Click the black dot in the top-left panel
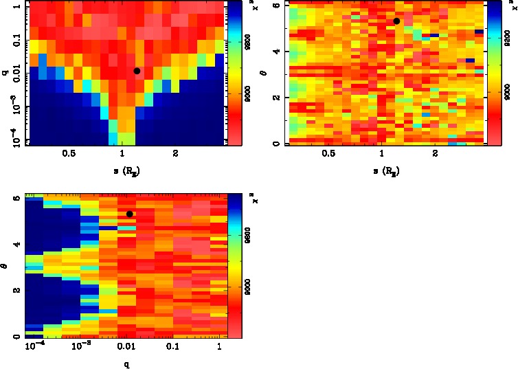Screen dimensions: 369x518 pyautogui.click(x=137, y=71)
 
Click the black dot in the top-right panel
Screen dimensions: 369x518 pyautogui.click(x=396, y=21)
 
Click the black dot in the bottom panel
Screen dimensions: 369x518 pyautogui.click(x=130, y=214)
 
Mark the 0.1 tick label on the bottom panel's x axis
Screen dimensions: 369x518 pyautogui.click(x=172, y=346)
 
